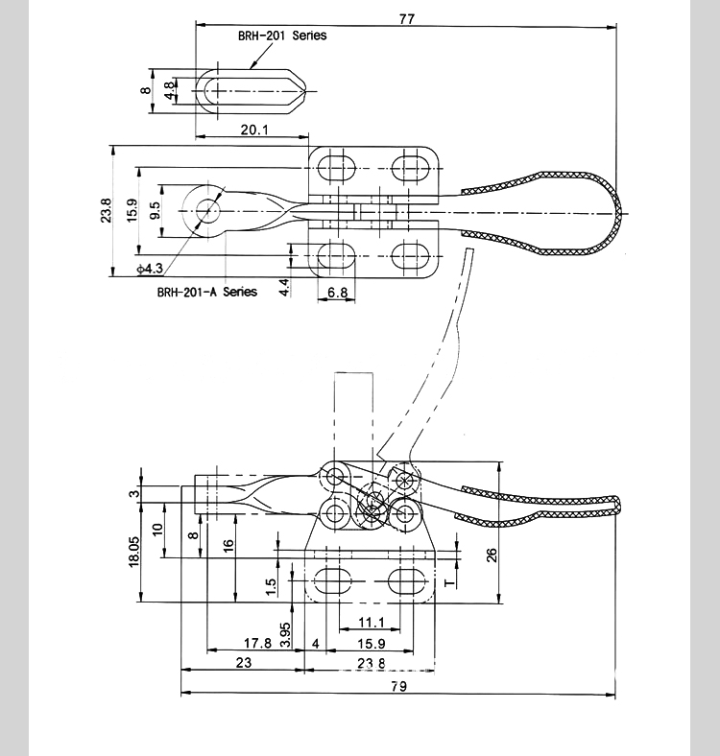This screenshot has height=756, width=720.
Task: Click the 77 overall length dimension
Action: (x=407, y=19)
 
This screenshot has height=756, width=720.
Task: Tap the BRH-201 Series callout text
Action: (x=282, y=35)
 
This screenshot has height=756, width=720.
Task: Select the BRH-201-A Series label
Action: (x=207, y=292)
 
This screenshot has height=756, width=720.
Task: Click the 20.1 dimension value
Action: (x=254, y=130)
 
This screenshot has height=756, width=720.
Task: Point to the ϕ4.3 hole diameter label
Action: (x=150, y=268)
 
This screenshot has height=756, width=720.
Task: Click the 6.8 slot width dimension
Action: (x=337, y=293)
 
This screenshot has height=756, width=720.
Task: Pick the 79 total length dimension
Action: (x=398, y=686)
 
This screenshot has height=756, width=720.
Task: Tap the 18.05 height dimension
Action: (x=133, y=552)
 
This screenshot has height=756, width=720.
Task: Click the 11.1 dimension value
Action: (x=372, y=623)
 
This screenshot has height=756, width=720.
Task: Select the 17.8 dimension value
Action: (x=257, y=643)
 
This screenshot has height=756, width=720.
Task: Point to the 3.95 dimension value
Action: (x=285, y=634)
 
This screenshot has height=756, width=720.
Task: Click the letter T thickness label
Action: (x=449, y=583)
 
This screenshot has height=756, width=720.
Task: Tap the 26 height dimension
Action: (x=492, y=555)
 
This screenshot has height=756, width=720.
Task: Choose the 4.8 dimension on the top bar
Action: (x=168, y=90)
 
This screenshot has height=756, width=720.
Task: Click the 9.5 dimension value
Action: (x=155, y=210)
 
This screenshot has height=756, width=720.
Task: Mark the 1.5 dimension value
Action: (x=272, y=587)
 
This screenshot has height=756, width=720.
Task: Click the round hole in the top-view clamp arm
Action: (x=208, y=211)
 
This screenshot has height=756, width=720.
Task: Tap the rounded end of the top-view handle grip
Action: (x=618, y=213)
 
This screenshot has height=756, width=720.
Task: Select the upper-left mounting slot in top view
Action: (x=336, y=168)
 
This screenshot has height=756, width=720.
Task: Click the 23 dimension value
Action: (x=244, y=663)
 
